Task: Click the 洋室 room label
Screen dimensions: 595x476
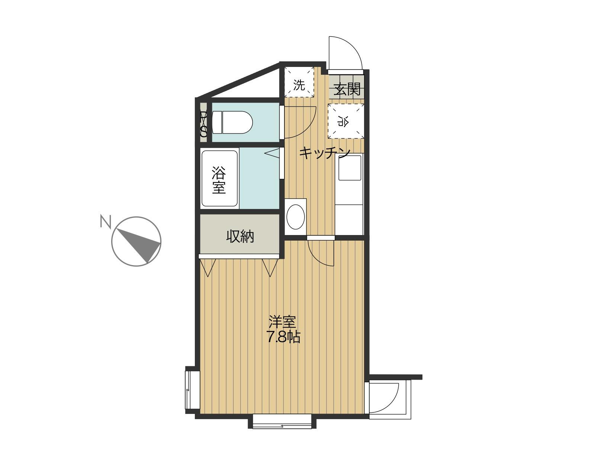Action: [x=282, y=322]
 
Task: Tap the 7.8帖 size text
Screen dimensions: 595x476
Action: [x=283, y=338]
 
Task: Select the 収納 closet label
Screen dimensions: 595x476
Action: [x=240, y=237]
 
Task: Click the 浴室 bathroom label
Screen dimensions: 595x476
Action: [x=219, y=180]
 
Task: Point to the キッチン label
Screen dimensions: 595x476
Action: [x=325, y=153]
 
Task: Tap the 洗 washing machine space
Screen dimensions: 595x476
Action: [x=299, y=82]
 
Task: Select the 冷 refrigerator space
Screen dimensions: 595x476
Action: [x=345, y=121]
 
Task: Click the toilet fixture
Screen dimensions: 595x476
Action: [x=232, y=122]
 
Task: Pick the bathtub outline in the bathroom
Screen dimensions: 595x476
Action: [x=220, y=178]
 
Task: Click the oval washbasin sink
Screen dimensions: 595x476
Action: [x=296, y=217]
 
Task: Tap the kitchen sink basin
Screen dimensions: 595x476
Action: [x=350, y=168]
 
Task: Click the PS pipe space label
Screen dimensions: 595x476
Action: [x=203, y=124]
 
